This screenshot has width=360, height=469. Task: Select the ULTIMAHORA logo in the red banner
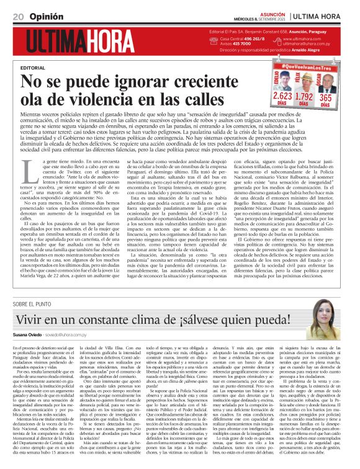pos(80,42)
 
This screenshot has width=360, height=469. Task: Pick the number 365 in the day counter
pos(325,97)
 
